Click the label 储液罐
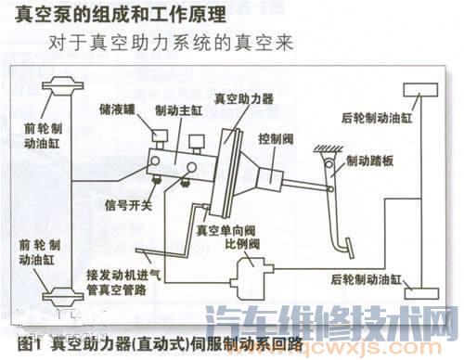coord(116,108)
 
